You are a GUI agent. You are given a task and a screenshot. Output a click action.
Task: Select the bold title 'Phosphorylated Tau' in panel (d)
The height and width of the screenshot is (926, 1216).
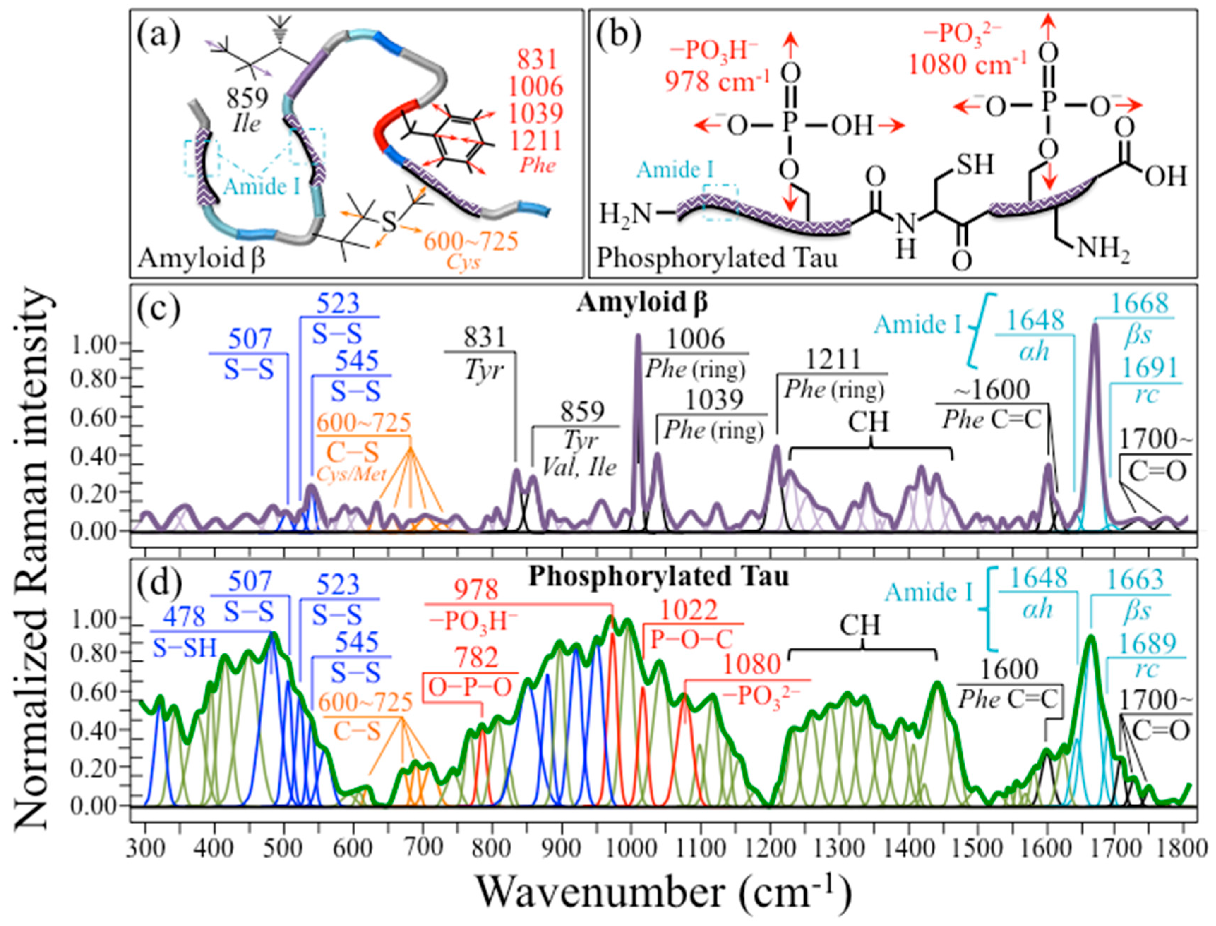pos(659,577)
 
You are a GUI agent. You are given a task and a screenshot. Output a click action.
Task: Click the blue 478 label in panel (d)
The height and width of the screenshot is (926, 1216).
pos(185,617)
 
